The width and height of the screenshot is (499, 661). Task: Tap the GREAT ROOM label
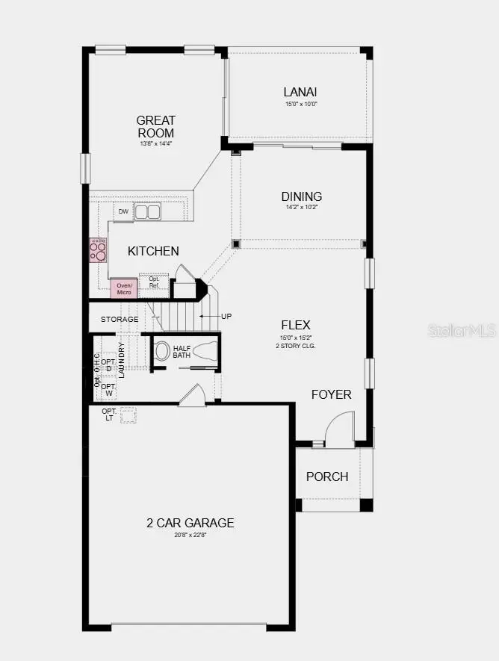click(156, 126)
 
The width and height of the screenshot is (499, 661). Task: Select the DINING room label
click(302, 196)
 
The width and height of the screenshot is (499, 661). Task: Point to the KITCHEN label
click(153, 251)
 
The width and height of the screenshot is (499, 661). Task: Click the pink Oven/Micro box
click(124, 288)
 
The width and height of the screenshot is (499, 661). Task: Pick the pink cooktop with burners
click(98, 249)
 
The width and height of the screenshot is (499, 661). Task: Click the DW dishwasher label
click(123, 212)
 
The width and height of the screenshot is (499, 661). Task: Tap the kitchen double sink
click(147, 212)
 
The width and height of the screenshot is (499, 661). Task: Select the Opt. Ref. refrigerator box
click(154, 282)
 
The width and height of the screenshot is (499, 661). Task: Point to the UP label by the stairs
click(226, 316)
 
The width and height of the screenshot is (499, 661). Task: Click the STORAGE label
click(120, 320)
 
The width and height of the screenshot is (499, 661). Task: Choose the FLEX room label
click(296, 325)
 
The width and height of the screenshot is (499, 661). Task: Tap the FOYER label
click(331, 394)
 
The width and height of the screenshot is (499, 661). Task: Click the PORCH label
click(327, 477)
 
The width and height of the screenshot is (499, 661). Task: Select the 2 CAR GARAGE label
click(190, 523)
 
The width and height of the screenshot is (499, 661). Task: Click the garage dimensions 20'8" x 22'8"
click(190, 536)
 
